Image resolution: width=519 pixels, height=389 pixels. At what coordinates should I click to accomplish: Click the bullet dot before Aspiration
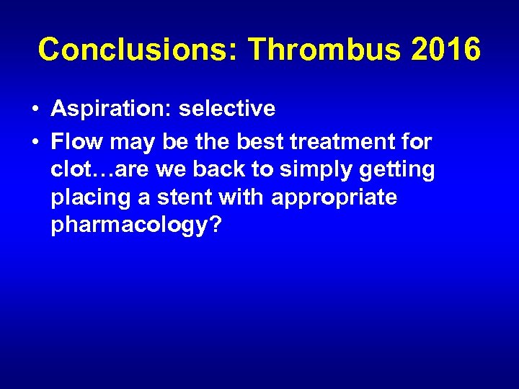[x=35, y=109]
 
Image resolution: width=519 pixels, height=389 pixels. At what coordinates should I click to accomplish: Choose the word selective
[x=227, y=109]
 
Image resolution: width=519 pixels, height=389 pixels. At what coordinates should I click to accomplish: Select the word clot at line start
[x=71, y=169]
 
